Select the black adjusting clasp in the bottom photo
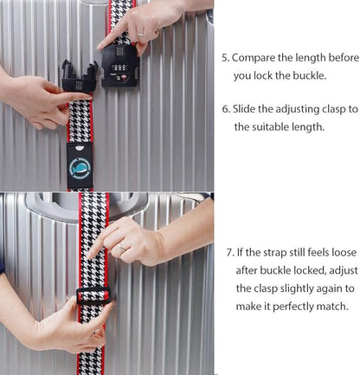(93, 297)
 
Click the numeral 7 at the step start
(229, 252)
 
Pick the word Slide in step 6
(248, 109)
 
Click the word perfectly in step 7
(298, 306)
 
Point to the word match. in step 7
(336, 306)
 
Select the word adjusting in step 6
(302, 109)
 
